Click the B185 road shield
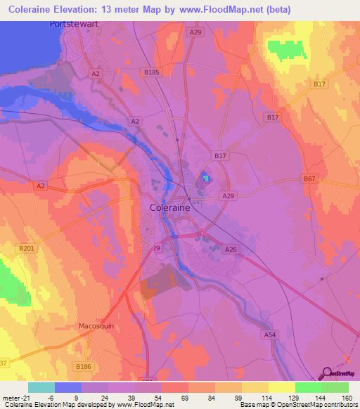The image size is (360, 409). pyautogui.click(x=151, y=72)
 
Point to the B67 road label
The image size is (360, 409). pyautogui.click(x=310, y=179)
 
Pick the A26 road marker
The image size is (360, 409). pyautogui.click(x=231, y=249)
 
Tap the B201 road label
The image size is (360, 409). pyautogui.click(x=27, y=249)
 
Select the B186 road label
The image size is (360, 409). pyautogui.click(x=84, y=367)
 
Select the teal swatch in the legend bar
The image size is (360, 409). pyautogui.click(x=41, y=387)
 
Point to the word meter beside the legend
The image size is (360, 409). pyautogui.click(x=8, y=397)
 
